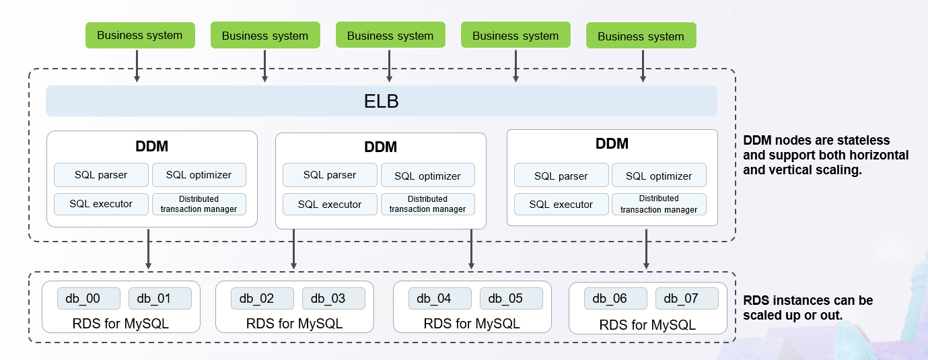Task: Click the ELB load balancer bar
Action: point(382,101)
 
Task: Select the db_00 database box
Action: point(88,298)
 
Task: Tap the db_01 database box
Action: point(159,298)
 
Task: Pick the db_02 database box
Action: point(262,298)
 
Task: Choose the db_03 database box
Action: point(333,298)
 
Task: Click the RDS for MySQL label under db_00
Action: point(120,324)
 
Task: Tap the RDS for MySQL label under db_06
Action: point(647,325)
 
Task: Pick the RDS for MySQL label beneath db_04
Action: point(472,324)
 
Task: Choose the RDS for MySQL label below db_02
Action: point(294,324)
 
